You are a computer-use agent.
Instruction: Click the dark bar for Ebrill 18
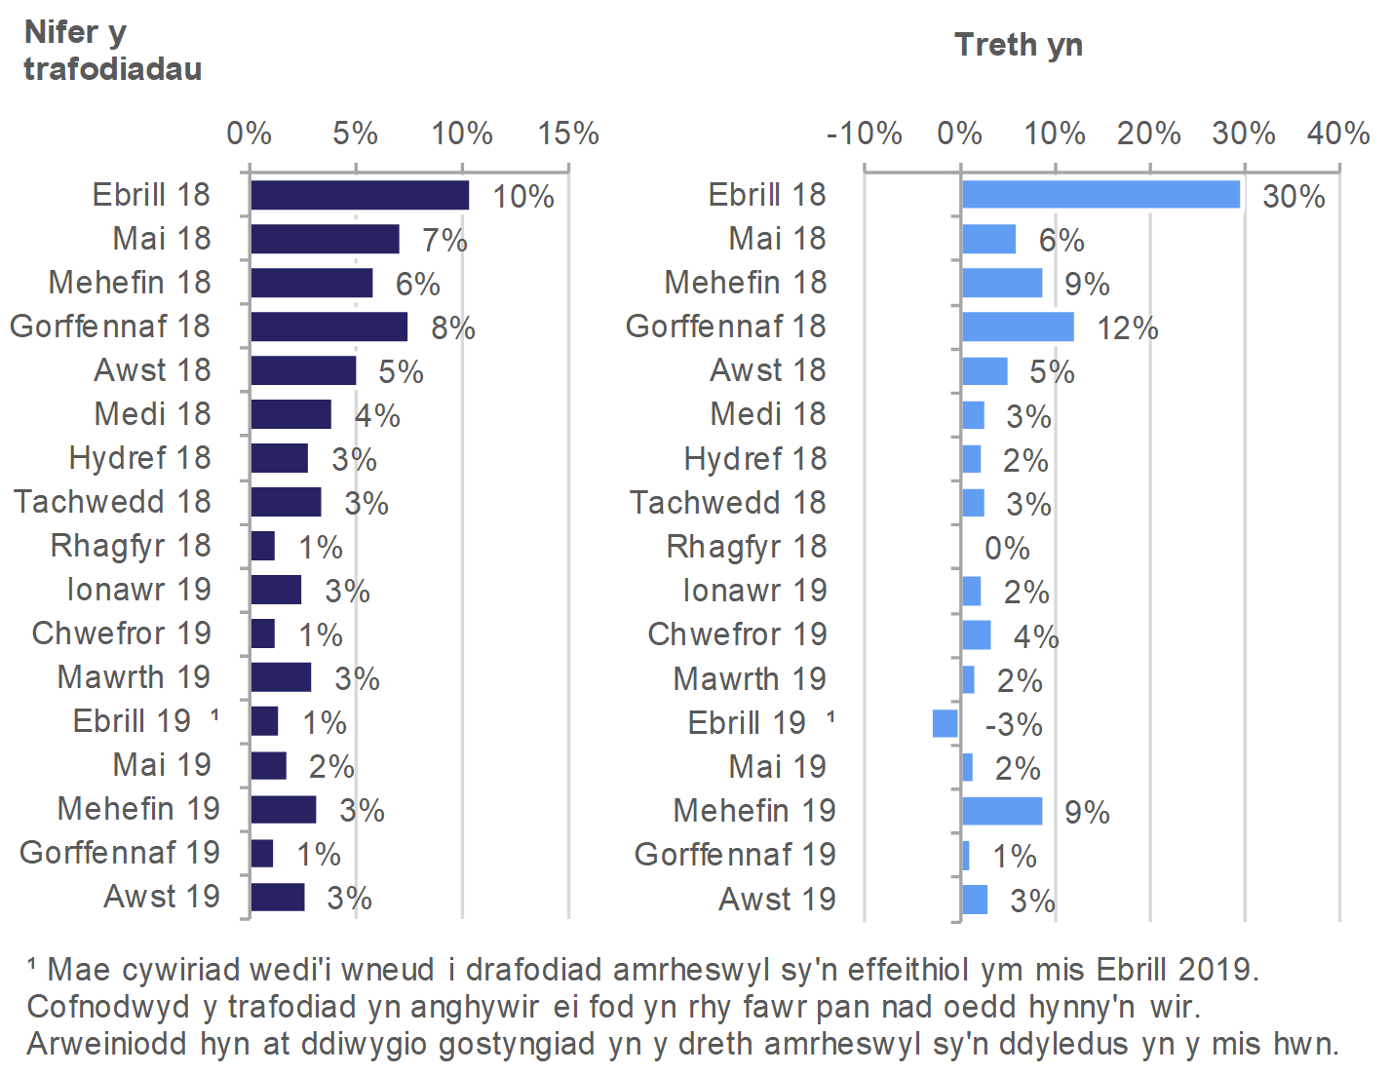pyautogui.click(x=359, y=195)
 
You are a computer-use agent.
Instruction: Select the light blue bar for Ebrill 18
pyautogui.click(x=1100, y=195)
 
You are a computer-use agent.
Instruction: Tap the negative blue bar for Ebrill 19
pyautogui.click(x=945, y=723)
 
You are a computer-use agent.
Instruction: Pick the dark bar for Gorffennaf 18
pyautogui.click(x=328, y=326)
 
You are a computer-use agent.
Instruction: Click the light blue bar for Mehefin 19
pyautogui.click(x=1001, y=811)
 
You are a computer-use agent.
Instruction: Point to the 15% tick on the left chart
pyautogui.click(x=568, y=134)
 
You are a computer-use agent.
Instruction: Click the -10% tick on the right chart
pyautogui.click(x=864, y=134)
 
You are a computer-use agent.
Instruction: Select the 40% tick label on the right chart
pyautogui.click(x=1338, y=134)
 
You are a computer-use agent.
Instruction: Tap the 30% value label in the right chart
pyautogui.click(x=1293, y=197)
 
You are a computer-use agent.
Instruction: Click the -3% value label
pyautogui.click(x=1014, y=725)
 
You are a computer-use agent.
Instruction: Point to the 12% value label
pyautogui.click(x=1128, y=328)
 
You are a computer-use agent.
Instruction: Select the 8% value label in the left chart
pyautogui.click(x=453, y=328)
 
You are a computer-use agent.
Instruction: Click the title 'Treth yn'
pyautogui.click(x=1019, y=45)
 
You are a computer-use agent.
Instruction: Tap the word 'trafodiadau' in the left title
pyautogui.click(x=113, y=69)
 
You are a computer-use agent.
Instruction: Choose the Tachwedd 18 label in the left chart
pyautogui.click(x=112, y=502)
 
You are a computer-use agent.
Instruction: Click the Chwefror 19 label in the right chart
pyautogui.click(x=737, y=634)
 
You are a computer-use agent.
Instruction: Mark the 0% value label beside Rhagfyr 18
pyautogui.click(x=1007, y=549)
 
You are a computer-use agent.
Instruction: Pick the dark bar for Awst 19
pyautogui.click(x=277, y=898)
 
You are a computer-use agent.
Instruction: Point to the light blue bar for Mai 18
pyautogui.click(x=988, y=240)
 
